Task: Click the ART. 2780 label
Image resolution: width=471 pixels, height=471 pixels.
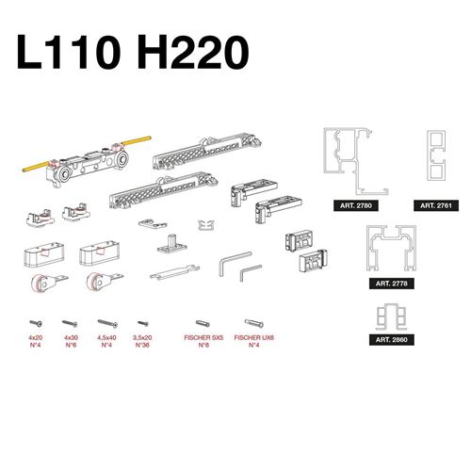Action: [x=356, y=205]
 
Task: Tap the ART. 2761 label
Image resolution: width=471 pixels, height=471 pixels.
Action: [x=436, y=205]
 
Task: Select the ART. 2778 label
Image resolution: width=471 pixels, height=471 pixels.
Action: [x=391, y=284]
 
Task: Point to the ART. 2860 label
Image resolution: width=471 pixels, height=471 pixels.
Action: [x=391, y=339]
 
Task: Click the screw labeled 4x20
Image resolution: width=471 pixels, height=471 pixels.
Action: [x=36, y=323]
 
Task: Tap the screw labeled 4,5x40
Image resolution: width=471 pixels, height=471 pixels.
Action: [x=107, y=323]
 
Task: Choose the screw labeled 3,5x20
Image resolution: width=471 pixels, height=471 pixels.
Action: [x=143, y=323]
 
